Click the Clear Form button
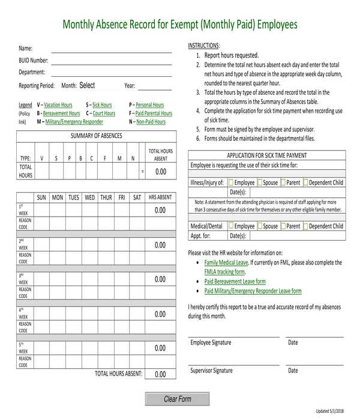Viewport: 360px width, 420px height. [177, 399]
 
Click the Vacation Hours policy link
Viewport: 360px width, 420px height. [58, 105]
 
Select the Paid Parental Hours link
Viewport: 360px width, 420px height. [154, 113]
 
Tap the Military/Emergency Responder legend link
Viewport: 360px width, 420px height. [74, 122]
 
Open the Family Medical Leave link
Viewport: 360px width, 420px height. [226, 263]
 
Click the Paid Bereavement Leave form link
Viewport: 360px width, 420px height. [235, 281]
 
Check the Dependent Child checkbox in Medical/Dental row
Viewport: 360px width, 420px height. [306, 226]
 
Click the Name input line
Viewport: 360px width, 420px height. [111, 49]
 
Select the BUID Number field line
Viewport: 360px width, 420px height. [111, 61]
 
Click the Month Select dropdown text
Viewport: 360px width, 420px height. [87, 86]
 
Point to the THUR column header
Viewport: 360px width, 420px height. [106, 197]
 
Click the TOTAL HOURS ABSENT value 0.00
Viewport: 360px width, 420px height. [160, 374]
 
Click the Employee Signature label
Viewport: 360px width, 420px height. [211, 343]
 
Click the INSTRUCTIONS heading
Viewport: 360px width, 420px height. [204, 46]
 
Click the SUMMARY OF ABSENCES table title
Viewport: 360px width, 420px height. [96, 136]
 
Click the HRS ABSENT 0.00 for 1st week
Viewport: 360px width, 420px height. [160, 211]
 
